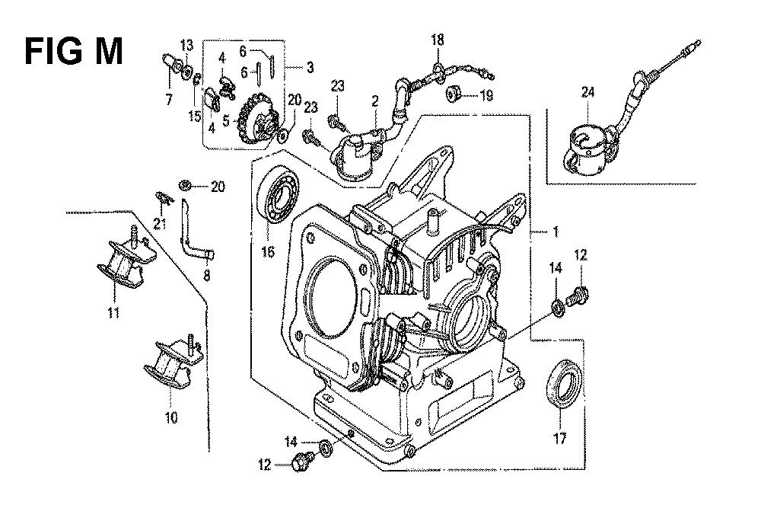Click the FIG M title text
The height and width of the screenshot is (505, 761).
click(x=73, y=53)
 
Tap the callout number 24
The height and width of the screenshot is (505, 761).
click(x=587, y=92)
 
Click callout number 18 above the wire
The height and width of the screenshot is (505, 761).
click(x=437, y=40)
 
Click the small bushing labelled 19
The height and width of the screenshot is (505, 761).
click(x=454, y=95)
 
